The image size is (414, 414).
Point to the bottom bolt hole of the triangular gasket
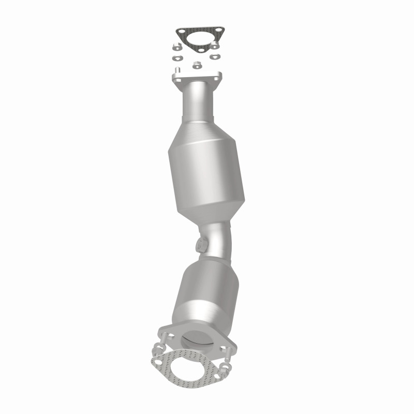pyautogui.click(x=201, y=50)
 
